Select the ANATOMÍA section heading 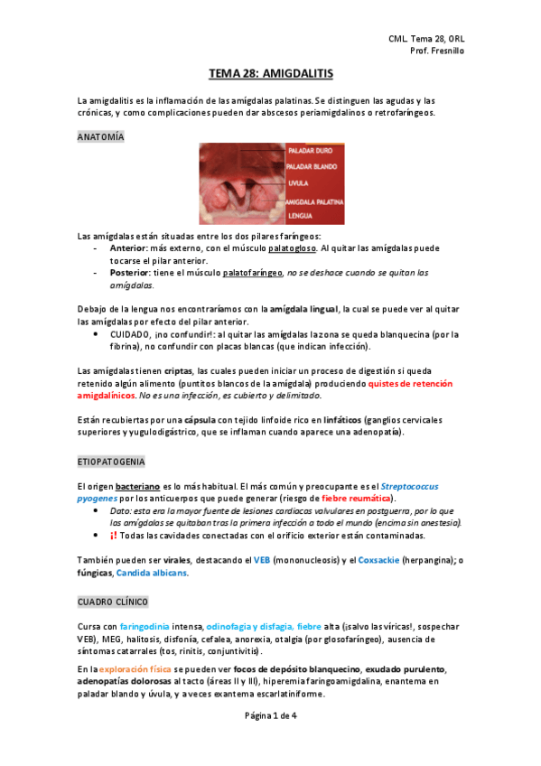coord(101,136)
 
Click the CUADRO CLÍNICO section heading coord(114,601)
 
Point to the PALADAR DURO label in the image coord(311,152)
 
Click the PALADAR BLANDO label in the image coord(315,167)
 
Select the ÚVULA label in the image coord(299,183)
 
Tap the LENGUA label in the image coord(301,217)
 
